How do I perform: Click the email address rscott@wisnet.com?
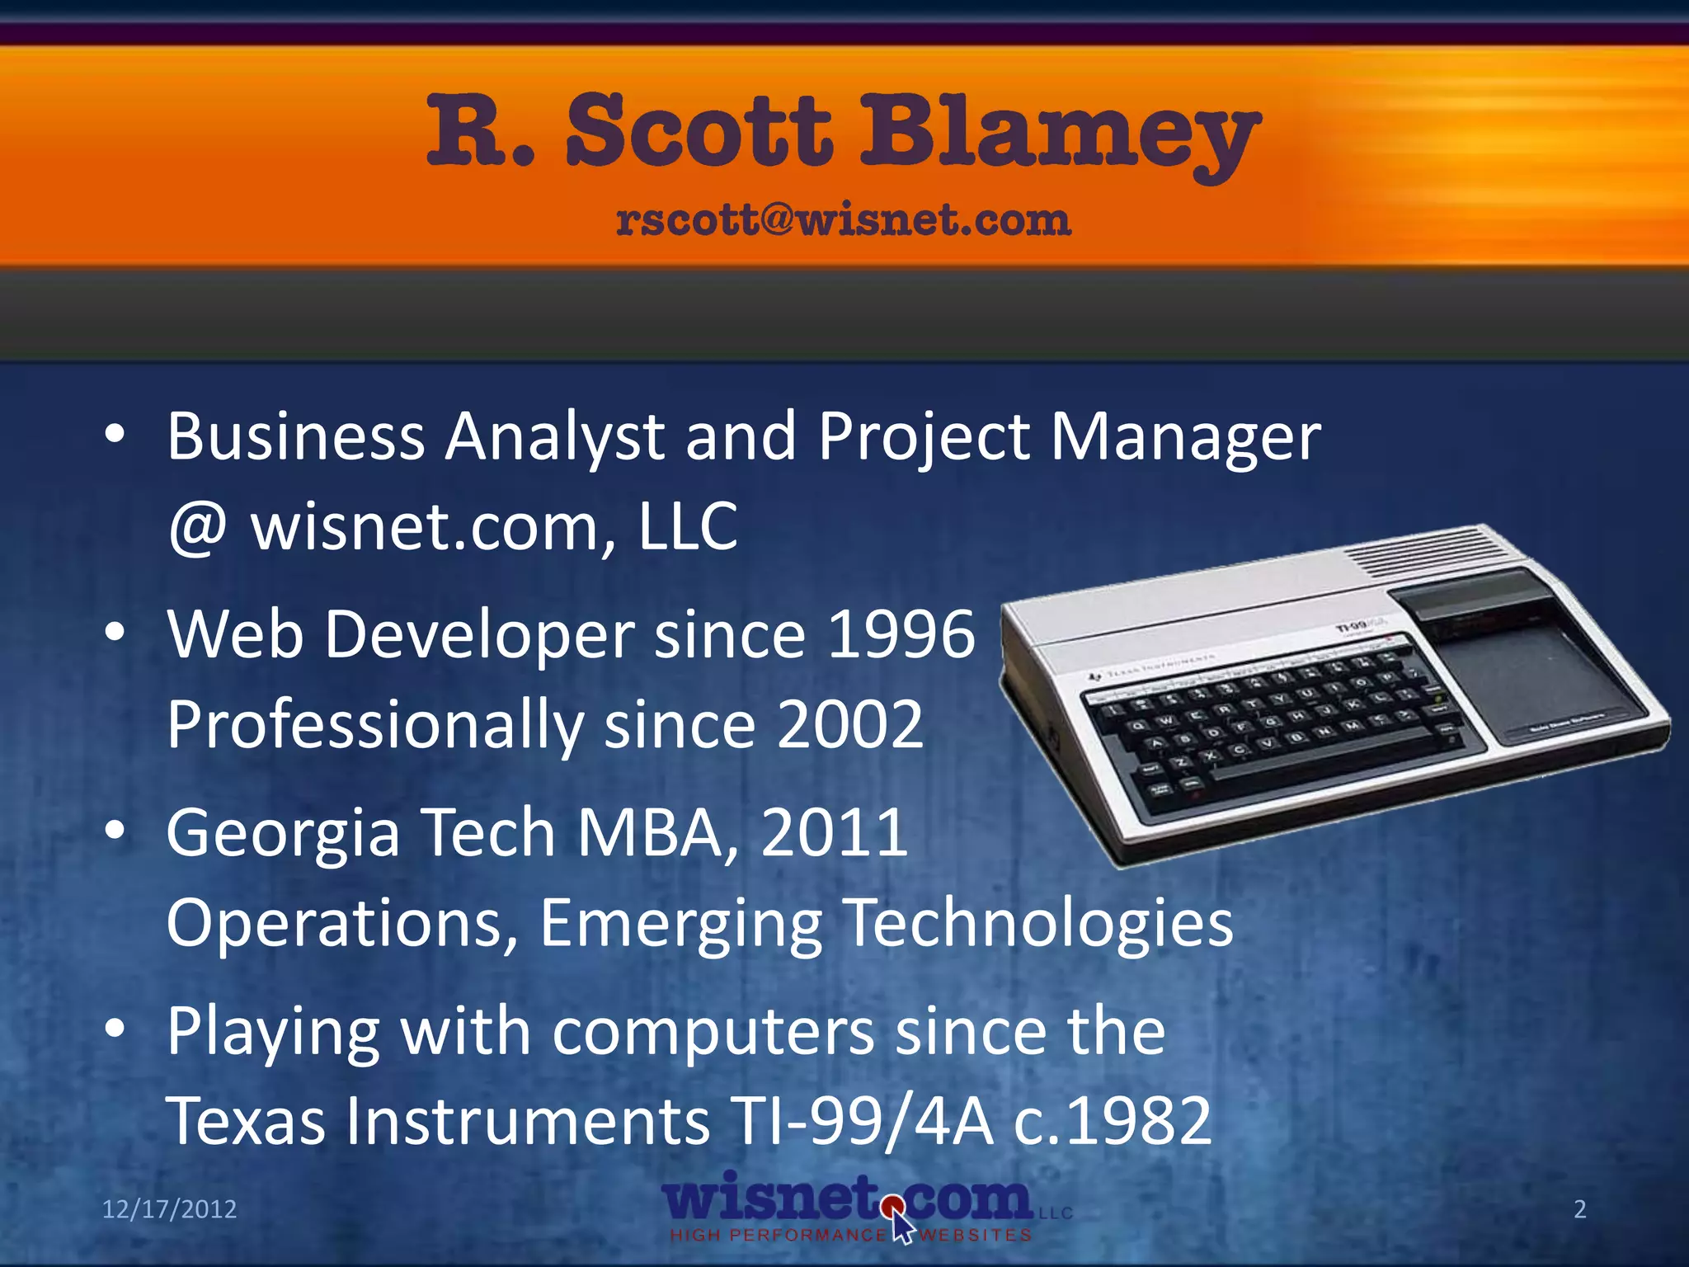tap(843, 220)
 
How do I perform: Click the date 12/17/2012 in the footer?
tap(169, 1209)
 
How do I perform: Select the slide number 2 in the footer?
tap(1580, 1209)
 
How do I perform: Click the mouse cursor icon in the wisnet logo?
tap(901, 1224)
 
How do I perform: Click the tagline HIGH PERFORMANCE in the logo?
tap(777, 1236)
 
